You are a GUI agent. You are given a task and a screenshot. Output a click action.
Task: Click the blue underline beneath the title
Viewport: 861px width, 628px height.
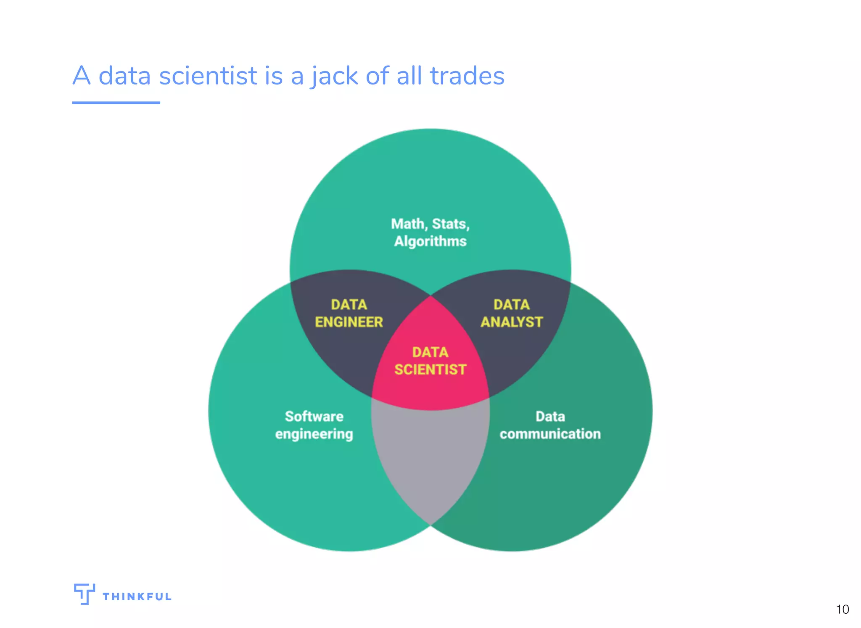tap(116, 102)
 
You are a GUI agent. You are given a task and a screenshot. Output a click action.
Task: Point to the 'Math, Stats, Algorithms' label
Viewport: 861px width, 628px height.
tap(430, 232)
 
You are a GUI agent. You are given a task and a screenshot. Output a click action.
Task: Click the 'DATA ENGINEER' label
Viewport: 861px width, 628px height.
tap(349, 313)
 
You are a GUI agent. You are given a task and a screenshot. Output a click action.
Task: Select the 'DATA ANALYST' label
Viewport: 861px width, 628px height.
tap(512, 313)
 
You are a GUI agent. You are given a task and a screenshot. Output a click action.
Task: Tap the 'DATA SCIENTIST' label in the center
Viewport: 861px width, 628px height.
tap(430, 361)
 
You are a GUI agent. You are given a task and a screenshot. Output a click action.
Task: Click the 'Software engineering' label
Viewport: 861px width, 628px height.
tap(314, 425)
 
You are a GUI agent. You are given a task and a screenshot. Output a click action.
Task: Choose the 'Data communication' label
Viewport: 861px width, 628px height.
tap(550, 425)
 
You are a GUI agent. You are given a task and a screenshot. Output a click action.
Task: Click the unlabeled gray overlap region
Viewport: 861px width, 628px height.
tap(430, 458)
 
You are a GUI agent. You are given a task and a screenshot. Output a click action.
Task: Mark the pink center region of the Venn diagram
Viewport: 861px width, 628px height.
tap(430, 391)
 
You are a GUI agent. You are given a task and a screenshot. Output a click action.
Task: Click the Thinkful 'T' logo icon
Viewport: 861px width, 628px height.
tap(84, 593)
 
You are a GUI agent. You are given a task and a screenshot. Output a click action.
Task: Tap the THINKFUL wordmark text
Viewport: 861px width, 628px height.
tap(137, 596)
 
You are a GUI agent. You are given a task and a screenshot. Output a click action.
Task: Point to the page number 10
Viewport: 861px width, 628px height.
tap(842, 609)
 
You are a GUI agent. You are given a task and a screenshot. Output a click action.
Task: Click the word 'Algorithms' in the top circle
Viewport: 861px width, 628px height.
tap(430, 241)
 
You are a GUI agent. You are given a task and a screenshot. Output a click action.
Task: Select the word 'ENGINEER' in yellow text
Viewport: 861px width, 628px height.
tap(349, 322)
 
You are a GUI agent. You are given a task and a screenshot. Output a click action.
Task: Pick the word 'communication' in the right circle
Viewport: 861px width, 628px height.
tap(550, 434)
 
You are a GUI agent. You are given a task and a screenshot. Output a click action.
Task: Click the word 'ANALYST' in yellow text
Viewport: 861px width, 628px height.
tap(512, 322)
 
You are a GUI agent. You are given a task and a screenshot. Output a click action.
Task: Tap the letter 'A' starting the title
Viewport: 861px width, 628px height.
tap(82, 76)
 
